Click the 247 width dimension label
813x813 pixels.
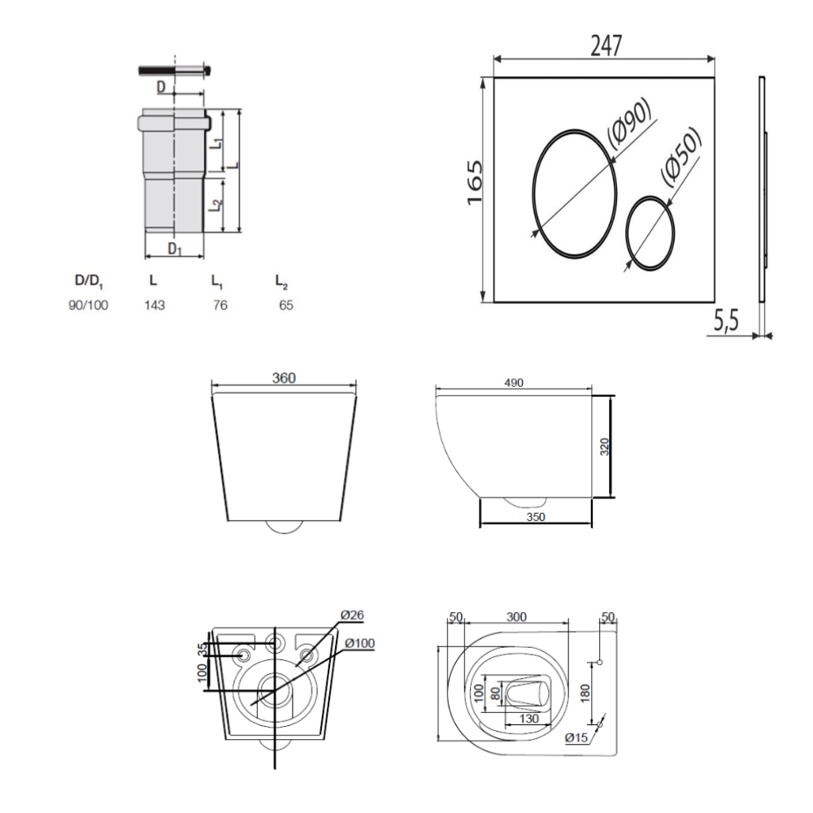(x=606, y=46)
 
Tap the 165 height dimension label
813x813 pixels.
(x=475, y=182)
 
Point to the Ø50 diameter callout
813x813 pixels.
(x=682, y=155)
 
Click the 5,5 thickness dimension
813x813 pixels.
(x=726, y=321)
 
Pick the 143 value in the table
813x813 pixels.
(x=154, y=305)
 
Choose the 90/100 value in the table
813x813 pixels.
(x=89, y=305)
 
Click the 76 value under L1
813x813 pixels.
(x=220, y=305)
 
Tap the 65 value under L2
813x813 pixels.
(x=286, y=305)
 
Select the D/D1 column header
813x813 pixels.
(x=89, y=281)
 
